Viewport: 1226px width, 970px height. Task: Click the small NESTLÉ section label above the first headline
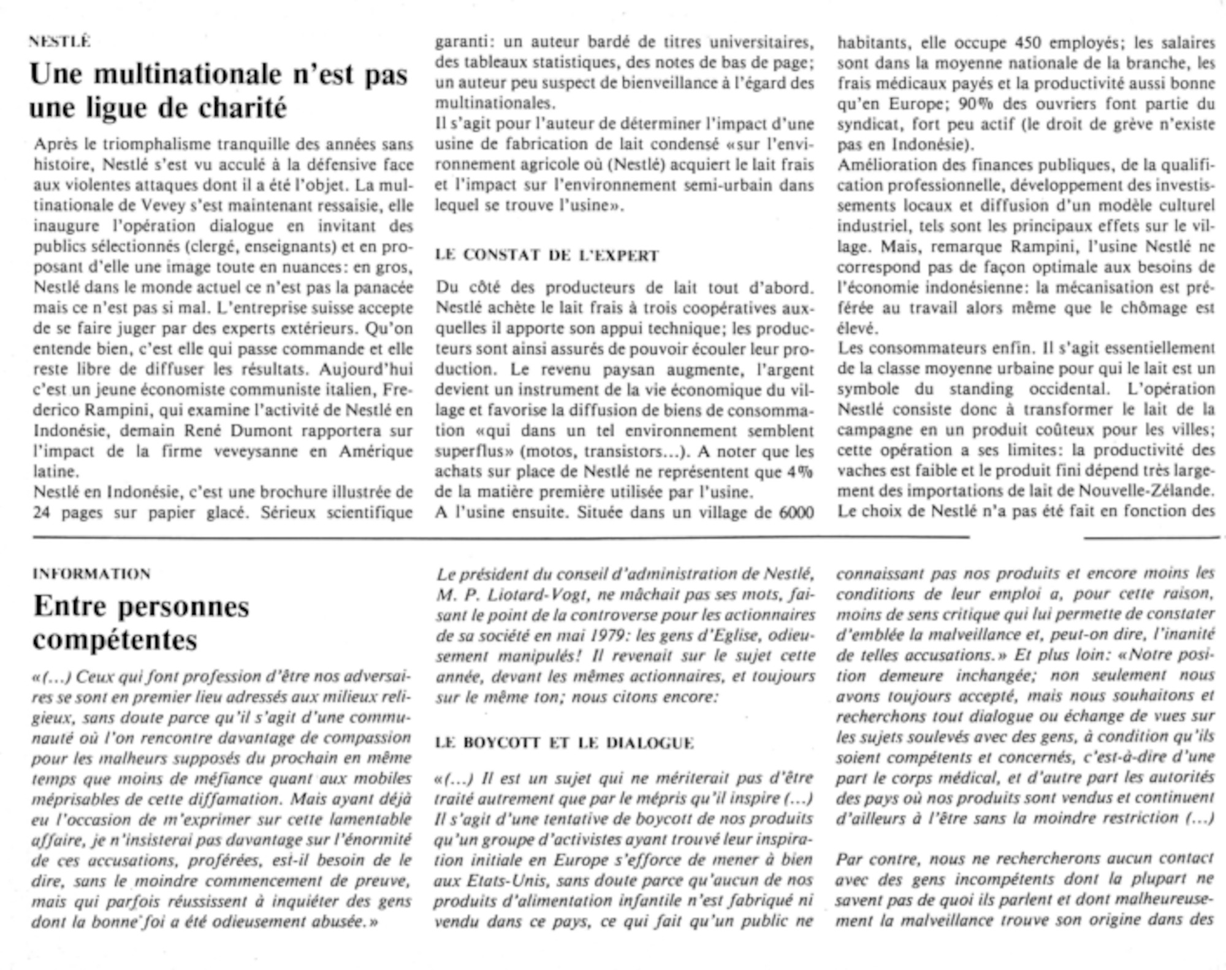coord(60,42)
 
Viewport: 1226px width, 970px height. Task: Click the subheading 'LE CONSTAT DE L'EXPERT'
coord(547,256)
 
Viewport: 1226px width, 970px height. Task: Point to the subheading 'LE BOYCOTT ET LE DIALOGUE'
coord(564,743)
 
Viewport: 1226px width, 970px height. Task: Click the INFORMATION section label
coord(91,574)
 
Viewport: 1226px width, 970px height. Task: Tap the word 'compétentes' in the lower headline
coord(115,640)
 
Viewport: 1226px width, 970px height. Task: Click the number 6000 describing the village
coord(796,512)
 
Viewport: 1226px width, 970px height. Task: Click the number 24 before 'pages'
coord(42,512)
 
